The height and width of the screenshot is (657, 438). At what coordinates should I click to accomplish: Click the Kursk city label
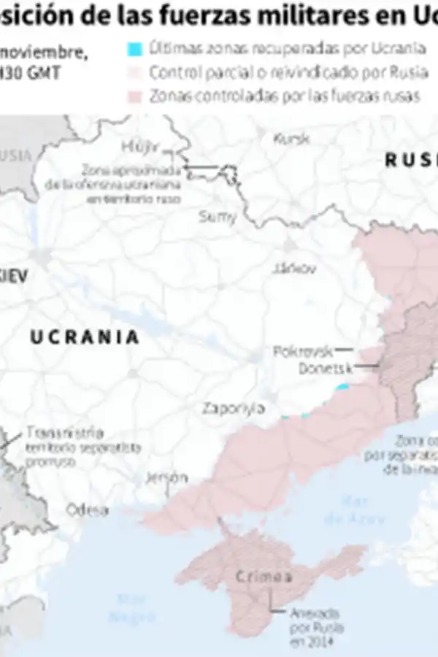coord(291,139)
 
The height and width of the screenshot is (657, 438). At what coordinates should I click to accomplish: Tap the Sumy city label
coord(218,216)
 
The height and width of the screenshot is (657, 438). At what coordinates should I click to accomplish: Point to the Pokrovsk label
coord(302,351)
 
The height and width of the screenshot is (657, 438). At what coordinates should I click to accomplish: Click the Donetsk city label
coord(325,369)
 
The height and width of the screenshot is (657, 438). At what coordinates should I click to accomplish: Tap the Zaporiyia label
coord(230,407)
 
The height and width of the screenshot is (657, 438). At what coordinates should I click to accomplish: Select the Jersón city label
coord(167,478)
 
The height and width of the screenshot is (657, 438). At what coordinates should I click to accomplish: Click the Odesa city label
coord(88,510)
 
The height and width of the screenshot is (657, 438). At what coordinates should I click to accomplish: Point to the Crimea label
coord(264,577)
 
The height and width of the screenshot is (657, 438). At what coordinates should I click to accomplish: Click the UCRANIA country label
coord(84,337)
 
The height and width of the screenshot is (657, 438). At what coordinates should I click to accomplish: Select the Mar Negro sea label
coord(132,609)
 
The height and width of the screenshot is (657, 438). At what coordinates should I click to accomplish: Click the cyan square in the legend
coord(134,50)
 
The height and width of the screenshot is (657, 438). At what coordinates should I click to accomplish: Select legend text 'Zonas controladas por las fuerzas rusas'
coord(283,96)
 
